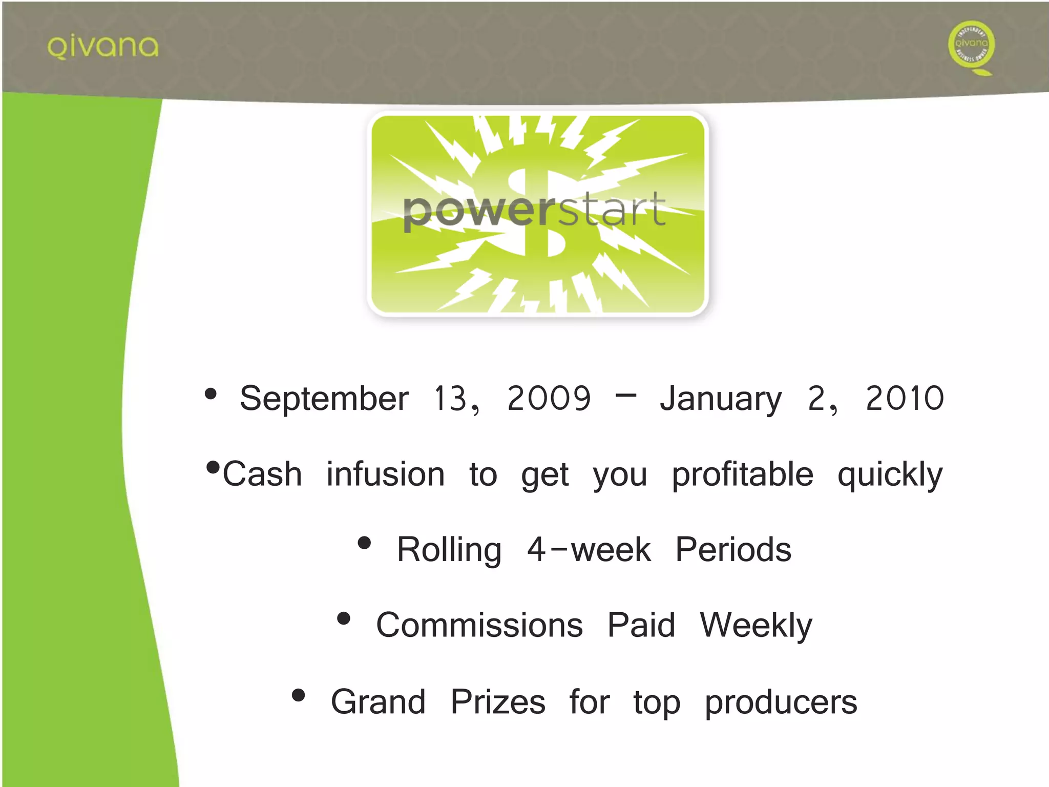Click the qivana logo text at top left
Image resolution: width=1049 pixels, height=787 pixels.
click(x=103, y=47)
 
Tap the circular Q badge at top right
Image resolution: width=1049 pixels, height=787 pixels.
click(x=971, y=45)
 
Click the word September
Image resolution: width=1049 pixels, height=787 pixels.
click(x=324, y=399)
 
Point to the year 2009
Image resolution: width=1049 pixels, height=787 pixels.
click(x=549, y=399)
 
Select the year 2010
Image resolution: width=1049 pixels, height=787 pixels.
click(x=905, y=399)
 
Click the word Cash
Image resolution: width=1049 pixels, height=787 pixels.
click(x=262, y=474)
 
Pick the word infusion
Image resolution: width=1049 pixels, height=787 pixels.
click(x=386, y=474)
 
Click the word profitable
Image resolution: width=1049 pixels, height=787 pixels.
click(x=742, y=474)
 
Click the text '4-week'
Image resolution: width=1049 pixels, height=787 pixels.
click(x=589, y=550)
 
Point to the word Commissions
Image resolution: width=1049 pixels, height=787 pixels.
click(x=479, y=625)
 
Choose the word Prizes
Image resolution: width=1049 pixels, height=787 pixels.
click(x=498, y=701)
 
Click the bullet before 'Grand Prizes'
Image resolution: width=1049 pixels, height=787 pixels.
click(x=298, y=695)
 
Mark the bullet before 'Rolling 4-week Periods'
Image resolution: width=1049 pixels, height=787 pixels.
click(x=364, y=543)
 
